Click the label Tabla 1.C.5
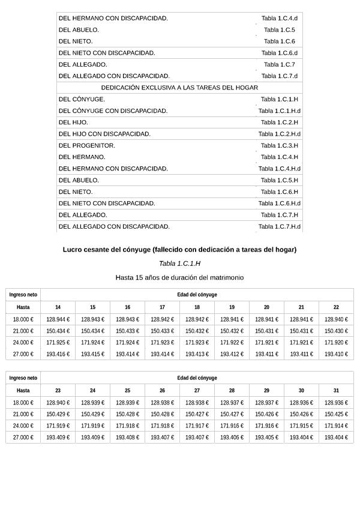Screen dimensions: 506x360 pos(279,29)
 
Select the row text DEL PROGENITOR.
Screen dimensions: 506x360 pos(87,145)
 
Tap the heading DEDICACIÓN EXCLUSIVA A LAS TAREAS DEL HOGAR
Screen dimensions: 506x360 pos(179,88)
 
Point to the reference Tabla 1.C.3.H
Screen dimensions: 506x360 pos(279,145)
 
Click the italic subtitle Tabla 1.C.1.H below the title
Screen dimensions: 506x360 pos(179,264)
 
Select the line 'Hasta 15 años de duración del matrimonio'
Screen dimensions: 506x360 pos(179,277)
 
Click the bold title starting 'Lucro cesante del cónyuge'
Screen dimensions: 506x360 pos(179,250)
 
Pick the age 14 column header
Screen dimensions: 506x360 pos(58,307)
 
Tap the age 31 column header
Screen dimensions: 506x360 pos(336,390)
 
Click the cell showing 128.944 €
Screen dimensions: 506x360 pos(58,319)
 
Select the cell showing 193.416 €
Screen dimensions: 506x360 pos(58,354)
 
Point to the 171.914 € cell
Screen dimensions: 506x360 pos(336,426)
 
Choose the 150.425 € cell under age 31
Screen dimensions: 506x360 pos(336,414)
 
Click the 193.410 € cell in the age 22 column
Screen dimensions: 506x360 pos(336,354)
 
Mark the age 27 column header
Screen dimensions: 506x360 pos(197,390)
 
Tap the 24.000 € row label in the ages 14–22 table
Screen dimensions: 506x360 pos(23,343)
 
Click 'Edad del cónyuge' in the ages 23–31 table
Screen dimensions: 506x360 pos(197,378)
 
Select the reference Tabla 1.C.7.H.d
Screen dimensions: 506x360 pos(279,227)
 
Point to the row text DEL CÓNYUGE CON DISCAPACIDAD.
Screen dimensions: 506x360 pos(113,111)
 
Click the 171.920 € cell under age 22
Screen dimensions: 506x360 pos(336,343)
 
